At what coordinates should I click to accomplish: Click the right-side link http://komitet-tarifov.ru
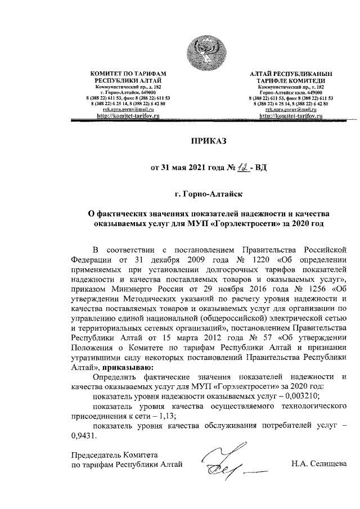(x=291, y=115)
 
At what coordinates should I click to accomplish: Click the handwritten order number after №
(x=240, y=166)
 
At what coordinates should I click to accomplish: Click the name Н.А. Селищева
(x=318, y=464)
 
